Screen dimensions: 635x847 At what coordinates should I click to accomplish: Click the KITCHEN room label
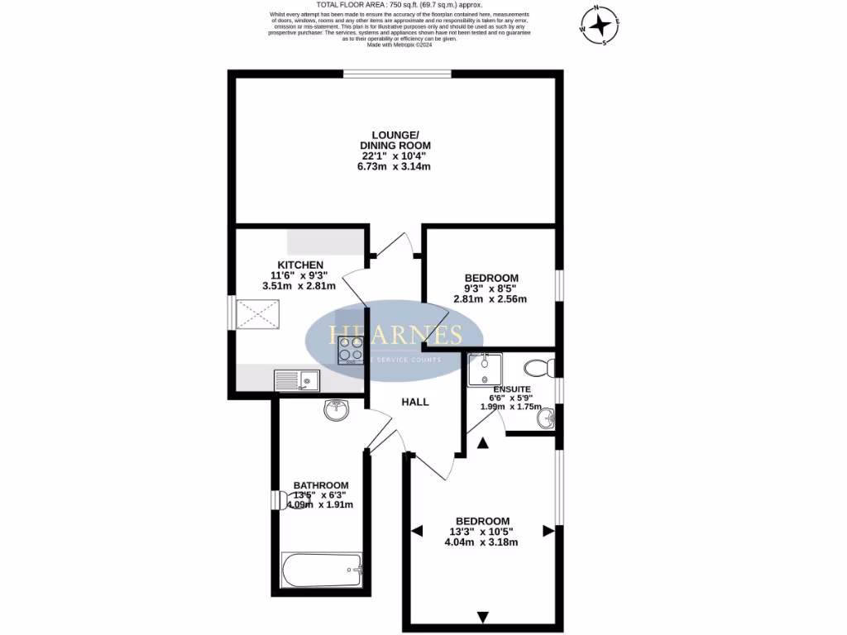point(299,265)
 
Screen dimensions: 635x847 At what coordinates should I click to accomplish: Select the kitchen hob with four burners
point(350,351)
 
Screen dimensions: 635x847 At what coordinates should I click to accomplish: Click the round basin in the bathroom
point(337,408)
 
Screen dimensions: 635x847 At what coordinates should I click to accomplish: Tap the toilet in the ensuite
point(542,366)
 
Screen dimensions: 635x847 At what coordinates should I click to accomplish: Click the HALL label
point(415,402)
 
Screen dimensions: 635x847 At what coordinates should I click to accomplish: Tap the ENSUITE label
point(511,389)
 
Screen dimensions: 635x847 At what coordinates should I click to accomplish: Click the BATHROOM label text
point(321,485)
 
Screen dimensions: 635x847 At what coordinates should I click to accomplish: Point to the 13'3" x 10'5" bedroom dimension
point(481,532)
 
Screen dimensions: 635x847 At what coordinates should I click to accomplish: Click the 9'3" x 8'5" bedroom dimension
point(490,289)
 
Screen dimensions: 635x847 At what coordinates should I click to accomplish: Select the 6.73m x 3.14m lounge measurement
point(401,167)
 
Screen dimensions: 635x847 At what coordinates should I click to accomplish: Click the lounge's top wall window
point(398,74)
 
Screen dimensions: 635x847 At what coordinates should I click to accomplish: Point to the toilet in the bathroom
point(285,502)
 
